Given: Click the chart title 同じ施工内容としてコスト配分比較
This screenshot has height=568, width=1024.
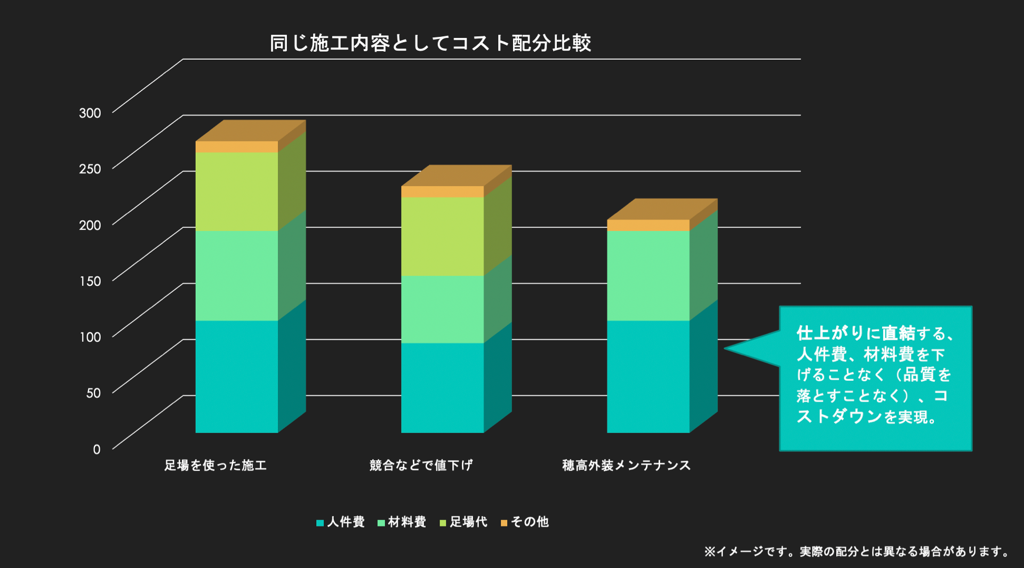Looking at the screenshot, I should (x=430, y=43).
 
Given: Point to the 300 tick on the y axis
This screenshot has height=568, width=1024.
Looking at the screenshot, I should (x=90, y=113).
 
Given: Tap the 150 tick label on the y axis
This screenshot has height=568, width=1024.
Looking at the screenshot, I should (x=90, y=281).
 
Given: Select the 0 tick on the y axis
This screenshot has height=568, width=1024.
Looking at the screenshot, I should (x=97, y=450).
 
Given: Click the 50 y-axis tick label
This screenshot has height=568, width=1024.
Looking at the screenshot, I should (x=93, y=393).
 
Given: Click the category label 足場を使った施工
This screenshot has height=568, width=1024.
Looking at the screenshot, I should (x=215, y=466).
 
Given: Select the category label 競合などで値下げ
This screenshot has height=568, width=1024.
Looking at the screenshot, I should (x=421, y=466).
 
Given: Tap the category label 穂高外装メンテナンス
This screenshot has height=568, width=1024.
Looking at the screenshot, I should (x=626, y=466).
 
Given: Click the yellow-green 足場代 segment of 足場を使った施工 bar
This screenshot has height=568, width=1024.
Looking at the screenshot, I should (x=237, y=191).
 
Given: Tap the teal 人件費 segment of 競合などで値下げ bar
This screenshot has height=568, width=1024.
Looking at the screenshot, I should (x=442, y=388).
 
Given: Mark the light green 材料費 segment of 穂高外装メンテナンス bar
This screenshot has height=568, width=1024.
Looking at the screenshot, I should (x=648, y=275).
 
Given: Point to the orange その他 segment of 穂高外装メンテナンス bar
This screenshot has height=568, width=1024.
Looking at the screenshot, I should (x=648, y=225).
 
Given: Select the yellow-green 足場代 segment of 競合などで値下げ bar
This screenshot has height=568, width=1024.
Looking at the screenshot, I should (x=442, y=236).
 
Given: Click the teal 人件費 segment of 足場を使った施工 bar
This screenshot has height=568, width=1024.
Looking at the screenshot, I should (x=237, y=377).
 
